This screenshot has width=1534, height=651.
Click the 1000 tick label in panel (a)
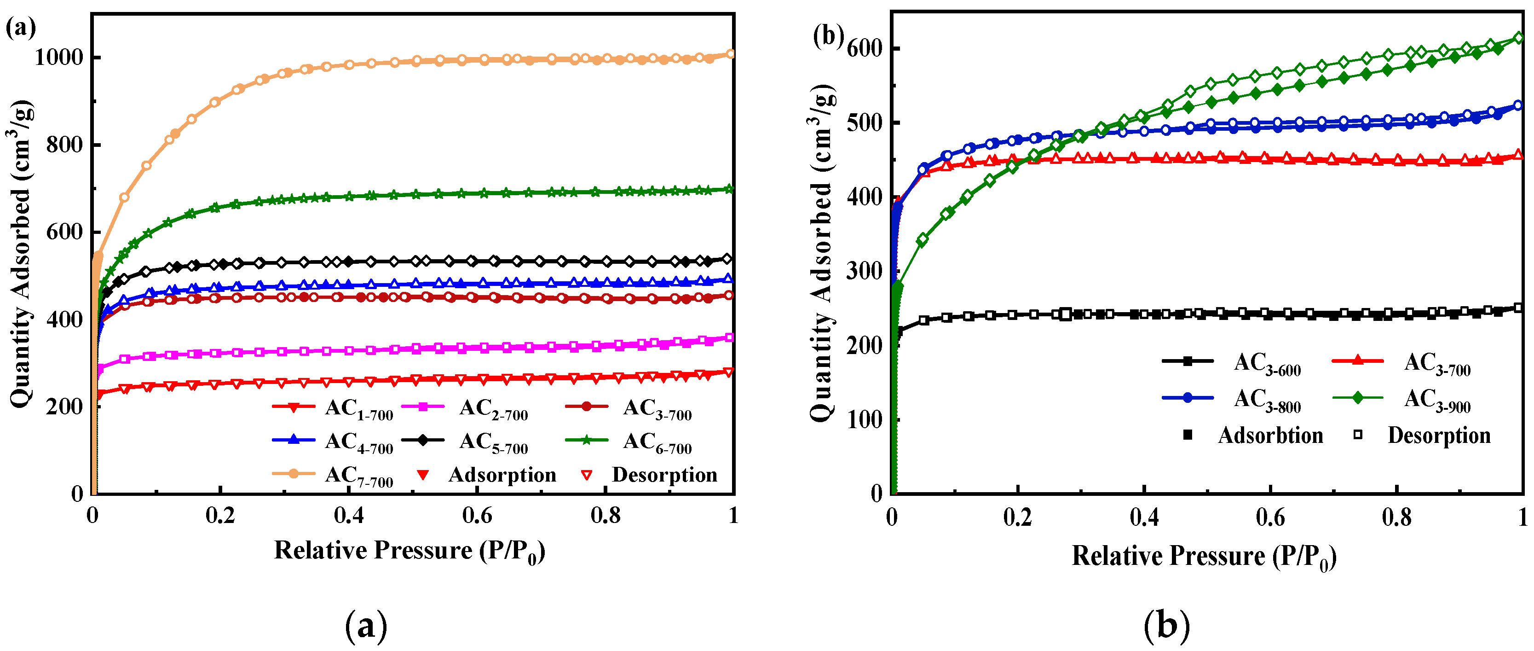pos(58,58)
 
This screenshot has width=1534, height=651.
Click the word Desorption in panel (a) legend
pos(664,475)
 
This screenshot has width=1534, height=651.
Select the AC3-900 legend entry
pos(1436,399)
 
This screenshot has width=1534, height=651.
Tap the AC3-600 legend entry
pos(1267,363)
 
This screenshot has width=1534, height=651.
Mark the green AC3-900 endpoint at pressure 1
pos(1518,38)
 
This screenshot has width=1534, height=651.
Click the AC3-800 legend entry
pos(1267,399)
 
